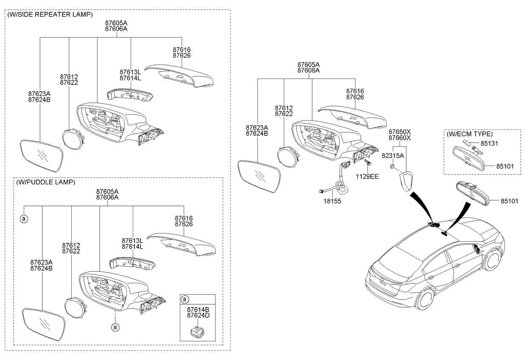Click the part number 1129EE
[x=367, y=177]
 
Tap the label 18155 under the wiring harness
[x=332, y=201]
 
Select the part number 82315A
[x=393, y=155]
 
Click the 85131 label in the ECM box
[x=489, y=143]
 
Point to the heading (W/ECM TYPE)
[x=470, y=134]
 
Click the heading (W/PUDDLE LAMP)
[x=45, y=182]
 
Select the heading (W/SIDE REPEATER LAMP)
[x=50, y=14]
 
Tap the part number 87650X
[x=400, y=132]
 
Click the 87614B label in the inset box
[x=198, y=309]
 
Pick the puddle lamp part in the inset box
[x=197, y=332]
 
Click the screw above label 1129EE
[x=367, y=162]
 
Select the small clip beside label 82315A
[x=392, y=166]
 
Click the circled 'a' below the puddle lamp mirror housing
[x=115, y=327]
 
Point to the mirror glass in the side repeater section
[x=42, y=156]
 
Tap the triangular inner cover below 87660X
[x=406, y=181]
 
